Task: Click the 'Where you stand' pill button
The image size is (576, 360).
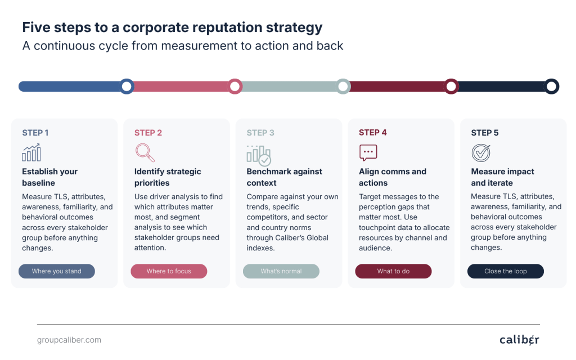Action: (x=57, y=271)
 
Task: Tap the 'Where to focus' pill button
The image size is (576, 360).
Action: (x=169, y=271)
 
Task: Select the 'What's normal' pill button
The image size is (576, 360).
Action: (x=281, y=271)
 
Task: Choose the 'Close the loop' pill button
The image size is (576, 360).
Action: (x=506, y=271)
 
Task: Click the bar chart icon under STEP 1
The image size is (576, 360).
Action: (x=31, y=152)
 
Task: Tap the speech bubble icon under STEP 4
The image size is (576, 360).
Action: (x=368, y=152)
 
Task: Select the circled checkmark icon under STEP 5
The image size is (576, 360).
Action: (x=481, y=153)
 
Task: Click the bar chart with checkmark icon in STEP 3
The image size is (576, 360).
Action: (x=259, y=155)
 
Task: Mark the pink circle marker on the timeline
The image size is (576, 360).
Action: (x=235, y=86)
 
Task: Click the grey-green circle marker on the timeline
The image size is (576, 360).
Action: (x=343, y=86)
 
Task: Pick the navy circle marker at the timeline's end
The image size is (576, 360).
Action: (x=551, y=86)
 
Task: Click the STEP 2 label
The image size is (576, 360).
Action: (x=148, y=133)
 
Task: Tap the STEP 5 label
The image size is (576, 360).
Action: (x=485, y=133)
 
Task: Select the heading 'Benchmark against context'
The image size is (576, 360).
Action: (x=284, y=177)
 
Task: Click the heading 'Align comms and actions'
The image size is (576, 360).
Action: (x=393, y=177)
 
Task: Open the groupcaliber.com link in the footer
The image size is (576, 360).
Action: (x=69, y=340)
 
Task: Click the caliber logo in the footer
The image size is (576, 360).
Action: (x=519, y=340)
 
